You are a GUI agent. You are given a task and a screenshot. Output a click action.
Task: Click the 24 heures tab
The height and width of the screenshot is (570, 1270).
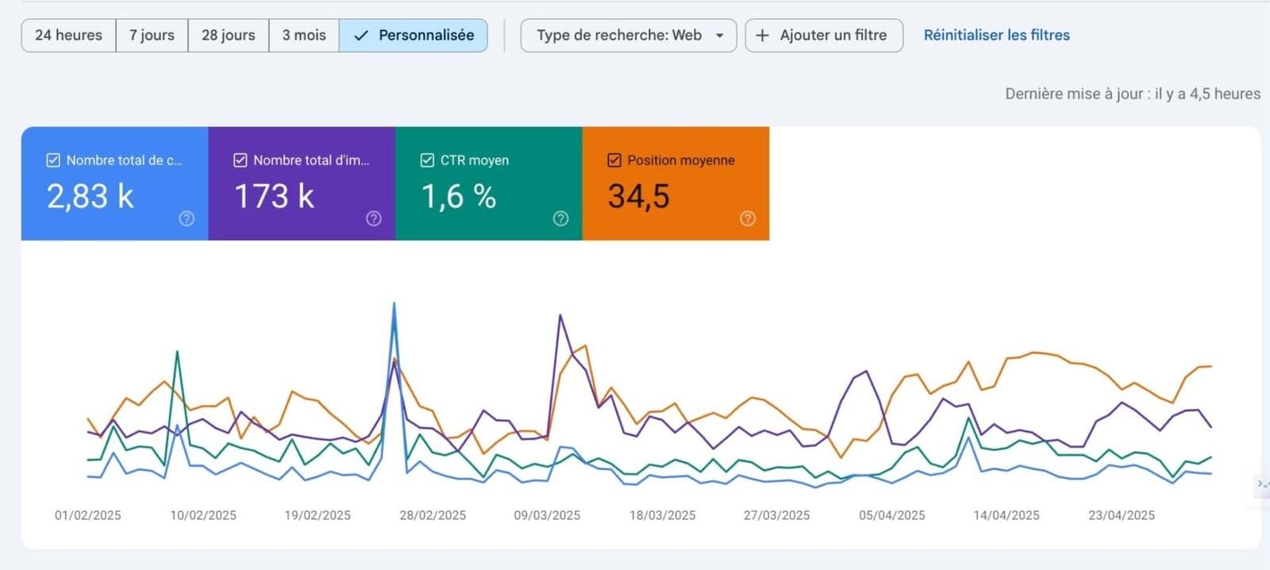(x=68, y=36)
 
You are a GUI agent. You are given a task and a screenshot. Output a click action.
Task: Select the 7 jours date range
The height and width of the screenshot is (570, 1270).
(x=152, y=36)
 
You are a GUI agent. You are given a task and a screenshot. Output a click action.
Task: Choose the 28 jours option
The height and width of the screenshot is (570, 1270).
(x=228, y=36)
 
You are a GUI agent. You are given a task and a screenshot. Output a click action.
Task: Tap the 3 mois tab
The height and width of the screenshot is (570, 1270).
(x=304, y=36)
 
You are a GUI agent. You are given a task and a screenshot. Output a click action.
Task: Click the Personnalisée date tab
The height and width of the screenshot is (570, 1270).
(x=414, y=36)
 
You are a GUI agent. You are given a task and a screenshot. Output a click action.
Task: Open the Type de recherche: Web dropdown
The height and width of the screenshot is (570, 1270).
(x=628, y=36)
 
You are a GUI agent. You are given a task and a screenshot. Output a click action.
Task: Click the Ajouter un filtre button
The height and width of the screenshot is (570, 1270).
(x=823, y=36)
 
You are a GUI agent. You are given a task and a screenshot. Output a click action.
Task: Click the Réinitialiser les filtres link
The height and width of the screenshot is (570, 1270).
(x=996, y=36)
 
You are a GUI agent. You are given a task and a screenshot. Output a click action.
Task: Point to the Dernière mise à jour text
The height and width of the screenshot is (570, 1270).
(x=1132, y=94)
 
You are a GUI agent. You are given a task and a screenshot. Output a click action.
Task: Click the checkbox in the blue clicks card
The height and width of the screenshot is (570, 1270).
(x=53, y=160)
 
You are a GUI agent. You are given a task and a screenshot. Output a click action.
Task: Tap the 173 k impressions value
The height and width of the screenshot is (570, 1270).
(x=274, y=196)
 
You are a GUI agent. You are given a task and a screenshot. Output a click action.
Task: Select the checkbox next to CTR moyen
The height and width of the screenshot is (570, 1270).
(x=427, y=160)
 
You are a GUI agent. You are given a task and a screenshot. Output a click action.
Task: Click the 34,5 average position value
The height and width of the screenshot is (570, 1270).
(x=638, y=196)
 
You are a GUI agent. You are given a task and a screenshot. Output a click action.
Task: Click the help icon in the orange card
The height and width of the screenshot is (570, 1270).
(x=748, y=218)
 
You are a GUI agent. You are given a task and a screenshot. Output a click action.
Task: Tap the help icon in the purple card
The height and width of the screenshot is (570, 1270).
(x=374, y=218)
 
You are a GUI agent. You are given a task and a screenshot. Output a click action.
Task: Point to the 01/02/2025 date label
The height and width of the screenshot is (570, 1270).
(x=87, y=515)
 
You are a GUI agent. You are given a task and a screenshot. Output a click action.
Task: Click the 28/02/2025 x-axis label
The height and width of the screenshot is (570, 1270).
(x=433, y=515)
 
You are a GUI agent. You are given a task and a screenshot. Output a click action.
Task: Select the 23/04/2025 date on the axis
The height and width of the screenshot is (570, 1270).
(x=1121, y=515)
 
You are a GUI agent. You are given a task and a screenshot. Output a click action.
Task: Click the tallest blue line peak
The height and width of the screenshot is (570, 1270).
(x=394, y=304)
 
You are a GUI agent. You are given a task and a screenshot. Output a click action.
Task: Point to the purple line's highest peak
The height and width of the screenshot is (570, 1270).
(x=560, y=316)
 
